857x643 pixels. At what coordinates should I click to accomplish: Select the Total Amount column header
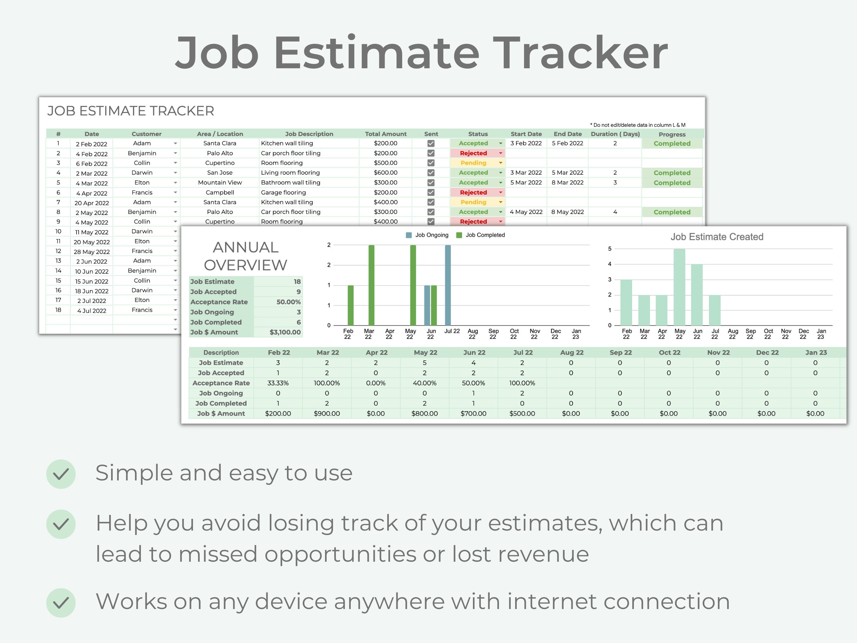pos(386,134)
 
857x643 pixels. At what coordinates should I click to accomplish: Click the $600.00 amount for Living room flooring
pos(386,172)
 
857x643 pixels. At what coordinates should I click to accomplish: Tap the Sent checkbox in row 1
pos(431,144)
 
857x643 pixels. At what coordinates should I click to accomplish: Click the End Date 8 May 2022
pos(567,212)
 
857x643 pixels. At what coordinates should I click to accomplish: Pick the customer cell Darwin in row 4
pos(142,172)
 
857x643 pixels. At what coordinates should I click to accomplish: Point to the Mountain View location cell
pos(220,183)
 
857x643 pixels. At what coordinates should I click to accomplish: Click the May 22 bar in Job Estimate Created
pos(679,287)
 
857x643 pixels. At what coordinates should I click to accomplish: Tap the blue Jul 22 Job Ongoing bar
pos(448,285)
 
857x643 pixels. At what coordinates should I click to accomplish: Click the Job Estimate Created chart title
pos(717,237)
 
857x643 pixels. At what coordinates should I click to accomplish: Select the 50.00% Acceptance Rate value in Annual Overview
pos(288,302)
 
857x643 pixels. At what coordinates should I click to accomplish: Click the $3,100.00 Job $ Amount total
pos(285,332)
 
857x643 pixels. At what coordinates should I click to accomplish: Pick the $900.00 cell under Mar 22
pos(327,413)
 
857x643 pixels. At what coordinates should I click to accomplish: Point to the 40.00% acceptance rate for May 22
pos(425,383)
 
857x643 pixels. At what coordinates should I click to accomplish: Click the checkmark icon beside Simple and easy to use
pos(61,474)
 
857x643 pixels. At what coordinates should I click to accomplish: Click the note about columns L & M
pos(638,125)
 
